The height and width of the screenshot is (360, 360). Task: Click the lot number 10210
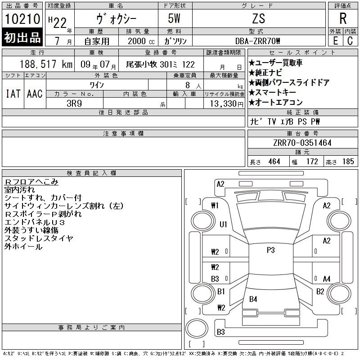click(22, 18)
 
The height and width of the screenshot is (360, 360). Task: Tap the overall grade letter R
click(343, 18)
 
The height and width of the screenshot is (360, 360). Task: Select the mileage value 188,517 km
click(46, 64)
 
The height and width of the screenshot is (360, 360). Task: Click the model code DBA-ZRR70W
click(257, 41)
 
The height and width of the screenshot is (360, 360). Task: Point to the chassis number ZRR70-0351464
click(302, 143)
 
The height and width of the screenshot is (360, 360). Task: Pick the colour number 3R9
click(74, 103)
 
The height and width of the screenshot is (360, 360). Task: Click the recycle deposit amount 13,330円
click(227, 104)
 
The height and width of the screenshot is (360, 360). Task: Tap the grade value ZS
click(258, 18)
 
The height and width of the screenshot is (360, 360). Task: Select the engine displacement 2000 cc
click(141, 41)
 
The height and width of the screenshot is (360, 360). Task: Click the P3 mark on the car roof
click(271, 250)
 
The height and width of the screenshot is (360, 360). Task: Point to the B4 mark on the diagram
click(253, 299)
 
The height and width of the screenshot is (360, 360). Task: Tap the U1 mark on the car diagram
click(223, 224)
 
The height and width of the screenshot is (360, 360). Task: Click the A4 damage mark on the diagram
click(327, 279)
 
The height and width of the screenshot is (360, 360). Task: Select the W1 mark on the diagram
click(215, 205)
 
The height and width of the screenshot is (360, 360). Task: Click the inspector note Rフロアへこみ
click(31, 182)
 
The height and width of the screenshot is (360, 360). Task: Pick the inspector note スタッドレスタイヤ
click(39, 238)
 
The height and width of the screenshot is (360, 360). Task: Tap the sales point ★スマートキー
click(272, 92)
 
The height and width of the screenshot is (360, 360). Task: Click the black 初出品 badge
click(22, 37)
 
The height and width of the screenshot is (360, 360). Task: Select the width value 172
click(312, 162)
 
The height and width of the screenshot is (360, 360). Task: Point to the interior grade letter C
click(350, 41)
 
